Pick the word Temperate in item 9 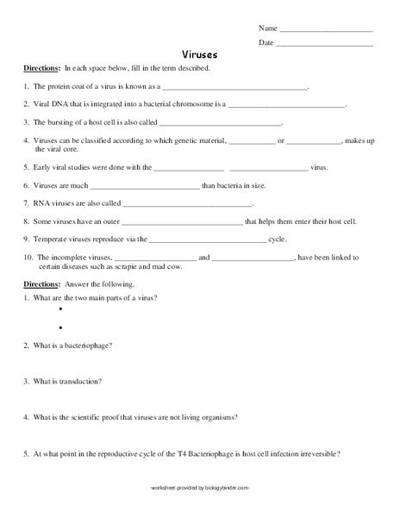click(50, 239)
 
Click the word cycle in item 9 click(277, 239)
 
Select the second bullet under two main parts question click(62, 327)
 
